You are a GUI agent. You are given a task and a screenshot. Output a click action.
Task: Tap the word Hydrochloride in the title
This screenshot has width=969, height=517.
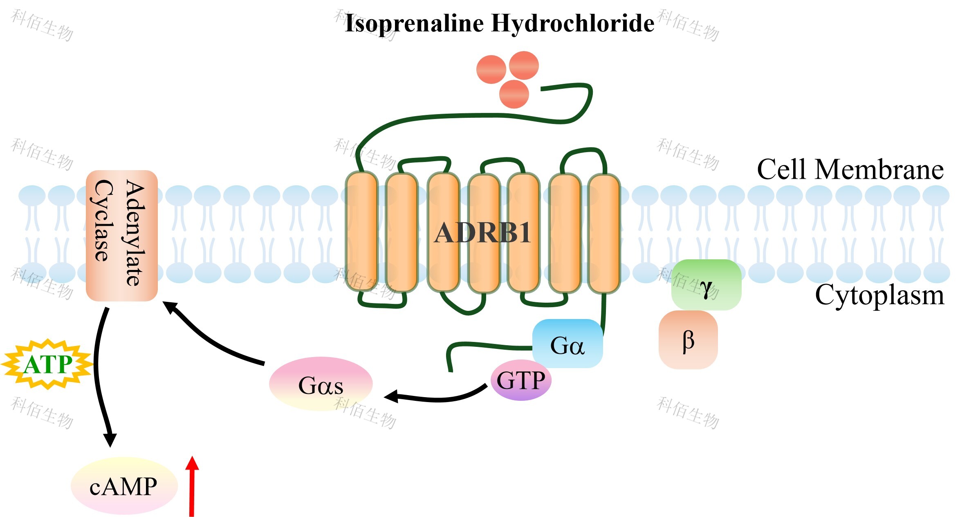pos(572,23)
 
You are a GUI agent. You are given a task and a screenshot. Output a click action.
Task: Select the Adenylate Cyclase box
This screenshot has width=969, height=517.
pos(121,235)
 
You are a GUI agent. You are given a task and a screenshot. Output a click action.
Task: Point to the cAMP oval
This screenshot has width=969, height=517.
pos(124,486)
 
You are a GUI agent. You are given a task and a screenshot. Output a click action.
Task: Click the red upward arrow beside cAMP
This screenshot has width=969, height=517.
pos(192,487)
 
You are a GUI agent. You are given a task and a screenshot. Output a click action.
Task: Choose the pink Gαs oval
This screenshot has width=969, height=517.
pos(321,384)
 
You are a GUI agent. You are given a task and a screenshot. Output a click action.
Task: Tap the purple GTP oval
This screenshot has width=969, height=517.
pos(520,380)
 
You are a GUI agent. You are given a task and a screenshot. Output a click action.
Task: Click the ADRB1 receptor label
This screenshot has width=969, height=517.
pos(482,233)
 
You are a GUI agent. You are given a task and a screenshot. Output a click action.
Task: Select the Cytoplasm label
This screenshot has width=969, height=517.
pos(879,295)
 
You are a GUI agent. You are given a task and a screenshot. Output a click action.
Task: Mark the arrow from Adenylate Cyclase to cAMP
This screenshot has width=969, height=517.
pos(98,376)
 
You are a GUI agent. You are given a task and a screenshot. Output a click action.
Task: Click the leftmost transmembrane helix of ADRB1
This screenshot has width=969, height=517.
pos(361,232)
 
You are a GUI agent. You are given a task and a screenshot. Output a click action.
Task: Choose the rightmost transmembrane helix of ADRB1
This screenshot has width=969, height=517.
pos(604,233)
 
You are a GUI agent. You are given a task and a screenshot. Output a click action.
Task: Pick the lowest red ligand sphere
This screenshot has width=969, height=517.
pos(514,94)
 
